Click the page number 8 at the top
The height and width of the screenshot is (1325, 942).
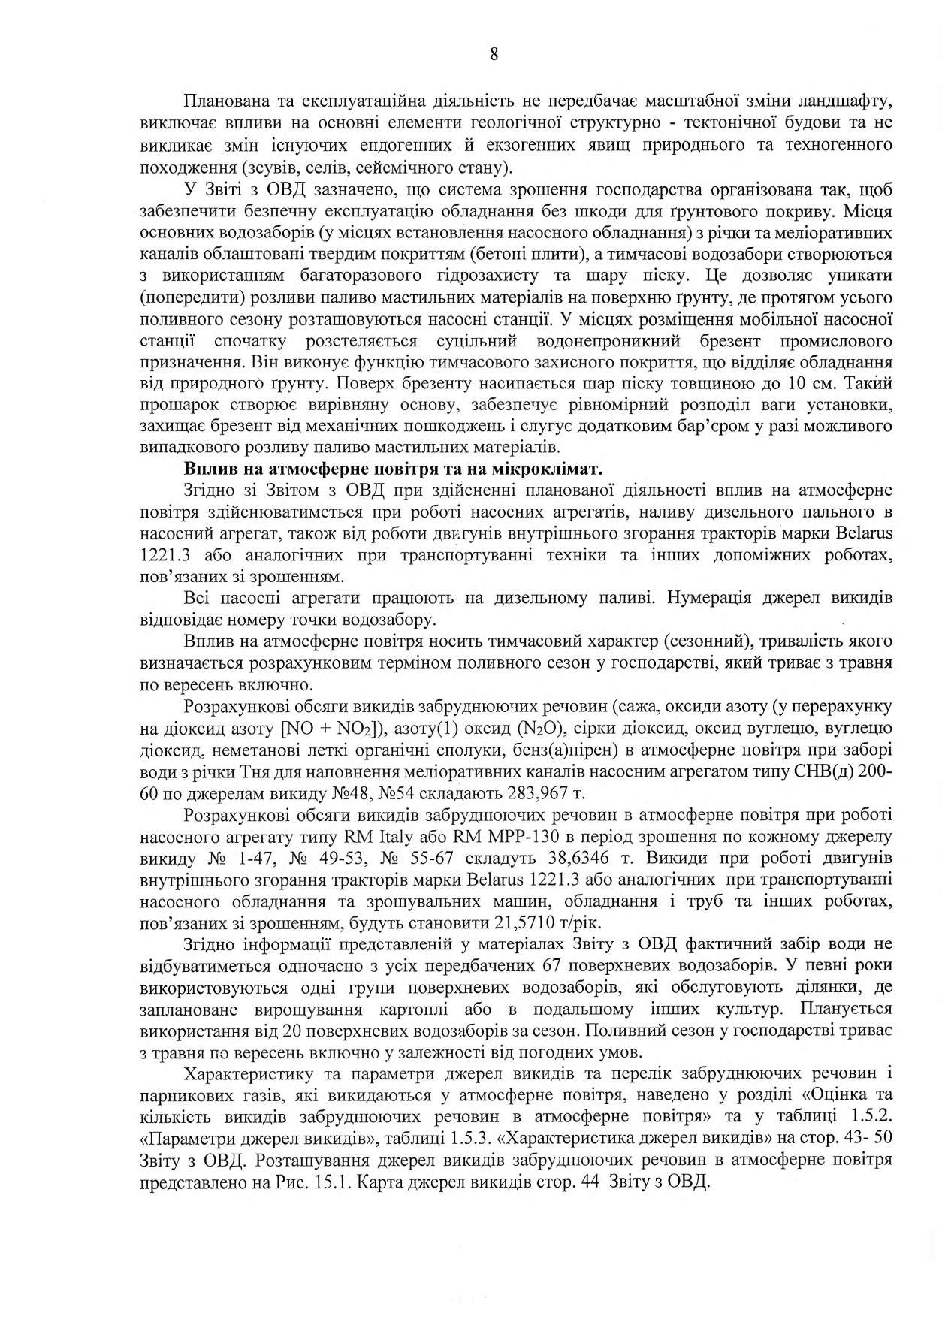coord(494,53)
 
